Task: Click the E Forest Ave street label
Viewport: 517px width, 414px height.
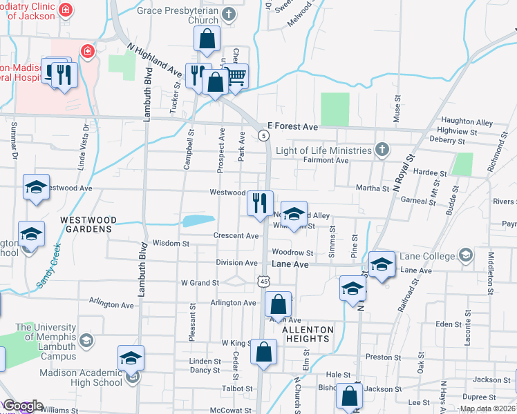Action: tap(292, 127)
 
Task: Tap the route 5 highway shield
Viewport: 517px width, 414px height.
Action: tap(264, 135)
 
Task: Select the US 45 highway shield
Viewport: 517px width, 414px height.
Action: tap(263, 281)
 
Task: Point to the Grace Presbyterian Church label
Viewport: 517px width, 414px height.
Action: tap(187, 15)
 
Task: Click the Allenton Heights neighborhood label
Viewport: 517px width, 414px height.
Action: tap(308, 334)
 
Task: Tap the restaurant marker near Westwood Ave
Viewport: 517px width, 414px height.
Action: tap(261, 203)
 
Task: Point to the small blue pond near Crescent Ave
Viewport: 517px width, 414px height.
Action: tap(198, 221)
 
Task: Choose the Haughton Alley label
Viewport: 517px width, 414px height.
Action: tap(467, 123)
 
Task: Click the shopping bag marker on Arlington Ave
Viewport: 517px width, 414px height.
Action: tap(277, 304)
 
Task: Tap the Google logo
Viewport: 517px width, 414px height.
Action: tap(22, 406)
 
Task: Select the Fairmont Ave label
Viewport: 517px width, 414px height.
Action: tap(326, 160)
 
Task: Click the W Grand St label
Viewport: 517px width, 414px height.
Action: tap(200, 283)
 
